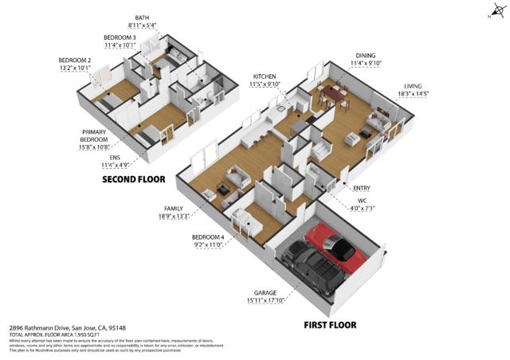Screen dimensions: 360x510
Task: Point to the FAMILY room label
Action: click(x=175, y=209)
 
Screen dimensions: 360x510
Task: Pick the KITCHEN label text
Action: click(x=265, y=76)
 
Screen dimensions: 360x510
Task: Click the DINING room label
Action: click(x=366, y=56)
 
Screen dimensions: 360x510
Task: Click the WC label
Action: click(x=361, y=201)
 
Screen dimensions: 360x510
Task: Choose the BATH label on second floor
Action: click(x=142, y=17)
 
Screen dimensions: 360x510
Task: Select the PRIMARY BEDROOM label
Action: click(x=94, y=132)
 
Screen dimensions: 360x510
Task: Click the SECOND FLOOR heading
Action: click(x=133, y=180)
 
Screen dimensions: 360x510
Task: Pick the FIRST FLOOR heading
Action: click(x=330, y=324)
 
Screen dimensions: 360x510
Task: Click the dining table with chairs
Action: click(x=334, y=94)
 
